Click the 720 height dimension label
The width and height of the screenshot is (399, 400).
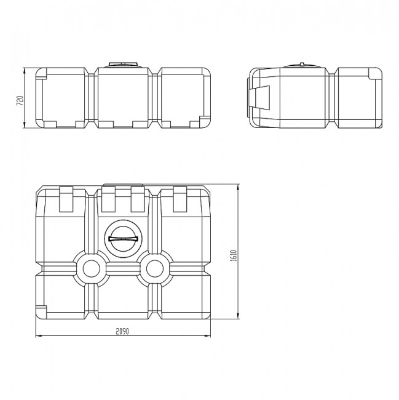(20, 100)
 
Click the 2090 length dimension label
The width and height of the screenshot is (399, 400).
(122, 331)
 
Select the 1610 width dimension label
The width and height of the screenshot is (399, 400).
(234, 255)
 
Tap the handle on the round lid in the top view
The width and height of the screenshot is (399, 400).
(123, 239)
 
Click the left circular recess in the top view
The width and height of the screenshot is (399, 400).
(92, 268)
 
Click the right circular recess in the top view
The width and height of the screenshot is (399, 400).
(155, 268)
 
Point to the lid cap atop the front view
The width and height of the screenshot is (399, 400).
(124, 64)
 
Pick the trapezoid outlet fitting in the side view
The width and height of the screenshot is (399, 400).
(259, 98)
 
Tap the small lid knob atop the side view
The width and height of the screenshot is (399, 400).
(302, 63)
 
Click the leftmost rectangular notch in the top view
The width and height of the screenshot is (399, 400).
(66, 199)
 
